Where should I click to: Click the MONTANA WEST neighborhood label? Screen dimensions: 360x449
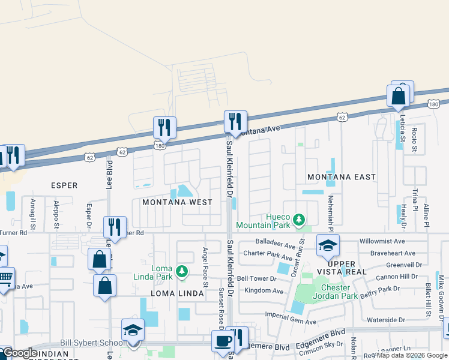tap(177, 202)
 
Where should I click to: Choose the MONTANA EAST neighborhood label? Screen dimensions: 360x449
tap(341, 177)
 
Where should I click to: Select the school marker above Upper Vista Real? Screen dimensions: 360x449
tap(328, 245)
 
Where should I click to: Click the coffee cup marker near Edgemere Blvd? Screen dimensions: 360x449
tap(223, 341)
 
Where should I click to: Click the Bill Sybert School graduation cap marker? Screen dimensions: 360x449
tap(133, 329)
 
